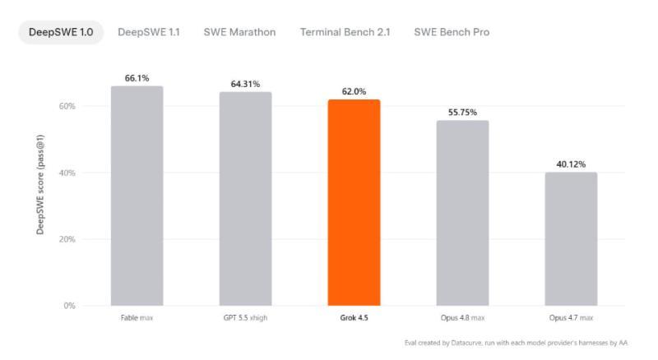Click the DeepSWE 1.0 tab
[x=61, y=32]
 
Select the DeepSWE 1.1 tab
[x=149, y=32]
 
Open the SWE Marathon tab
[x=239, y=32]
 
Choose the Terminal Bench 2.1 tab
[x=345, y=32]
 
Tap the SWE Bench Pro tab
[x=452, y=32]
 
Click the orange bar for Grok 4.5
[x=354, y=203]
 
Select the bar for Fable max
[x=137, y=196]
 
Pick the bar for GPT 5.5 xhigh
[x=245, y=199]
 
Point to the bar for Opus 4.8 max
[x=462, y=213]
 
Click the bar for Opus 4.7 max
[x=571, y=239]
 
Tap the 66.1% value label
[x=137, y=78]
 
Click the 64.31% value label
[x=245, y=84]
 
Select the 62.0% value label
[x=354, y=91]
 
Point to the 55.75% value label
[x=462, y=112]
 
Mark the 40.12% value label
[x=571, y=164]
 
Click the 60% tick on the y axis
[x=67, y=106]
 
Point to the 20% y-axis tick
[x=67, y=239]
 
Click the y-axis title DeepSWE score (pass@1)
[x=40, y=185]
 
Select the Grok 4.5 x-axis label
[x=354, y=317]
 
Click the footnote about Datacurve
[x=517, y=343]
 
